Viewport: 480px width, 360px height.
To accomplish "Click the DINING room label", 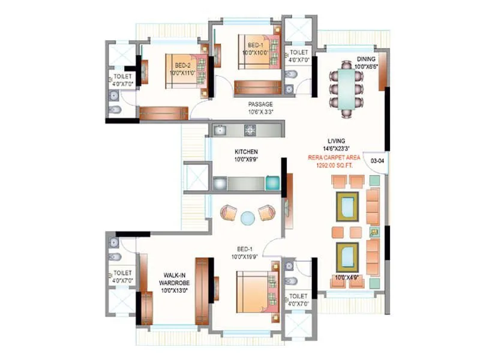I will click(367, 59).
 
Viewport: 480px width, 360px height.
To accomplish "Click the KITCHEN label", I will click(246, 152).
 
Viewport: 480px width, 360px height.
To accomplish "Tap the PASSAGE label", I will click(261, 104).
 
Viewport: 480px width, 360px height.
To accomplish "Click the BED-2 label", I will click(184, 65).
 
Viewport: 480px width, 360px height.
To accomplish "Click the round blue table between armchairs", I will click(248, 218).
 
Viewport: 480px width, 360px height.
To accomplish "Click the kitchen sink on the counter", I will click(220, 129).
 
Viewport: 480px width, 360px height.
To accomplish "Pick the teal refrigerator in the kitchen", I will click(272, 183).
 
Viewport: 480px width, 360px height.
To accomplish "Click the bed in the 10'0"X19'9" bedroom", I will click(255, 291).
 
